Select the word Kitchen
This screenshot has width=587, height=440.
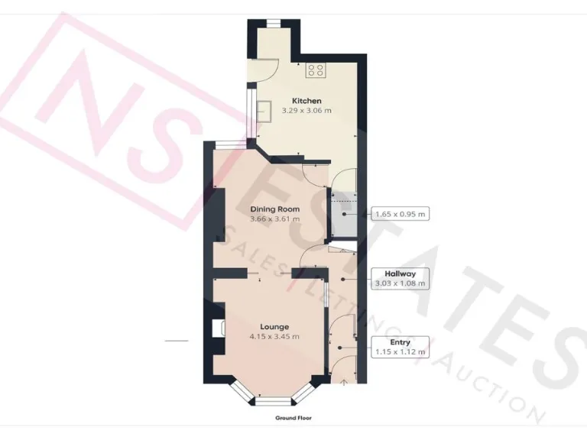(306, 101)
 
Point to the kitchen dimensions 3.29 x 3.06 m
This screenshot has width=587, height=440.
(306, 111)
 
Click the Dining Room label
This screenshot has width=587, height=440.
(274, 209)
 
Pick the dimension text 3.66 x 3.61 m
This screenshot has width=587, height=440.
(274, 219)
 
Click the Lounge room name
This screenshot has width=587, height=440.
(274, 326)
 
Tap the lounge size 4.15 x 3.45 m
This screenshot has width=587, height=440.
(274, 336)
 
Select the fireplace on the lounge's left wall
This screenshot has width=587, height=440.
(216, 328)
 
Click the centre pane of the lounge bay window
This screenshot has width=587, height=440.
(273, 400)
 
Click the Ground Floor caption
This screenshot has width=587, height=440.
(293, 419)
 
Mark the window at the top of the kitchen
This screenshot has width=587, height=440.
(273, 23)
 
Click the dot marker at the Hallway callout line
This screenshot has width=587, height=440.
(342, 278)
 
